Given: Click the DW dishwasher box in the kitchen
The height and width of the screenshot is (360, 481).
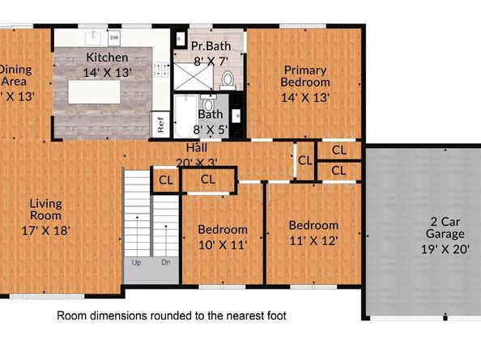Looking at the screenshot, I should (x=114, y=37).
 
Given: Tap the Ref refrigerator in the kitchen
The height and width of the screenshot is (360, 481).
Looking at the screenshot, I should (x=161, y=125).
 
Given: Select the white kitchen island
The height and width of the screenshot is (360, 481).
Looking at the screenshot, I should (x=99, y=91).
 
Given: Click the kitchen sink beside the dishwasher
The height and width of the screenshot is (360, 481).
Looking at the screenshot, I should (x=96, y=36).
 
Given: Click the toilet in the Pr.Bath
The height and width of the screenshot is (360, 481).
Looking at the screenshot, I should (x=228, y=79).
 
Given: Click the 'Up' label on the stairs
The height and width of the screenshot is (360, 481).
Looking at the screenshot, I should (x=136, y=261).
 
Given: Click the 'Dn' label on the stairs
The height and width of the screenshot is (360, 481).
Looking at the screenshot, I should (x=165, y=261).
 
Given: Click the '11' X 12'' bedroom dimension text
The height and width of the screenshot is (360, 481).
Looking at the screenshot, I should (x=313, y=239).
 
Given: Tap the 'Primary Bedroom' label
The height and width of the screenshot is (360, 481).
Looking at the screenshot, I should (x=304, y=75).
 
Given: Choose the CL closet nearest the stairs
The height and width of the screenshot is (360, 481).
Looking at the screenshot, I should (x=165, y=180).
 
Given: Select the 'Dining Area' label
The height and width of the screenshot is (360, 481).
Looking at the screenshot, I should (x=16, y=74).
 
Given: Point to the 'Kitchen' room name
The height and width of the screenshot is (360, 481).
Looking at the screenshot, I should (x=107, y=57).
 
